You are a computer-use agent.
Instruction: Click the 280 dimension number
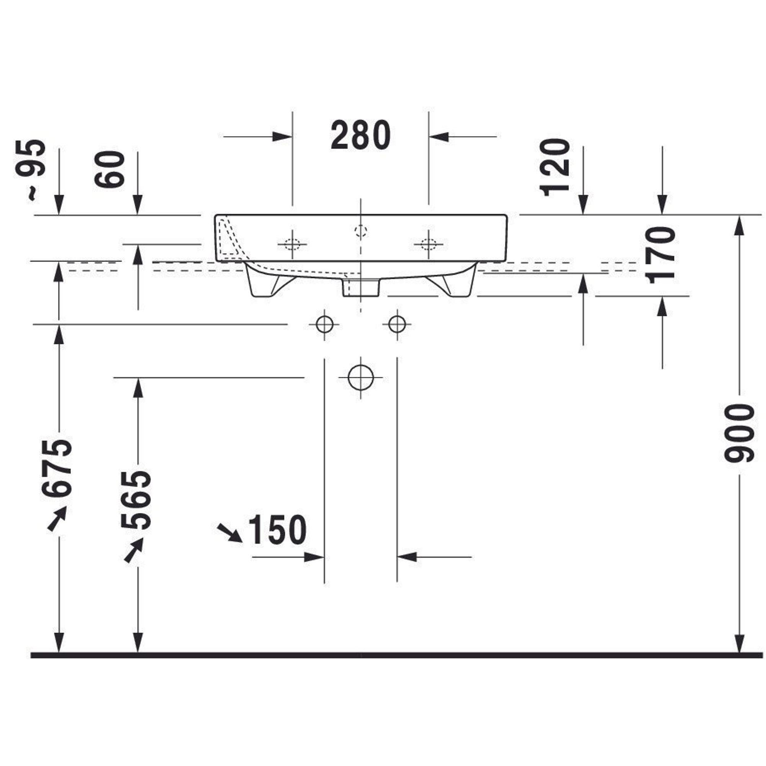tap(360, 136)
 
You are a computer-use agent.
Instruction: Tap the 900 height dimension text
tap(738, 433)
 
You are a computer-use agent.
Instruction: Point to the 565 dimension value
tap(136, 500)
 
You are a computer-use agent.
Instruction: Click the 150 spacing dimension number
tap(277, 530)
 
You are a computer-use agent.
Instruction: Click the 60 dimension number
tap(110, 170)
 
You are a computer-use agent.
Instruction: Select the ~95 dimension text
tap(31, 170)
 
